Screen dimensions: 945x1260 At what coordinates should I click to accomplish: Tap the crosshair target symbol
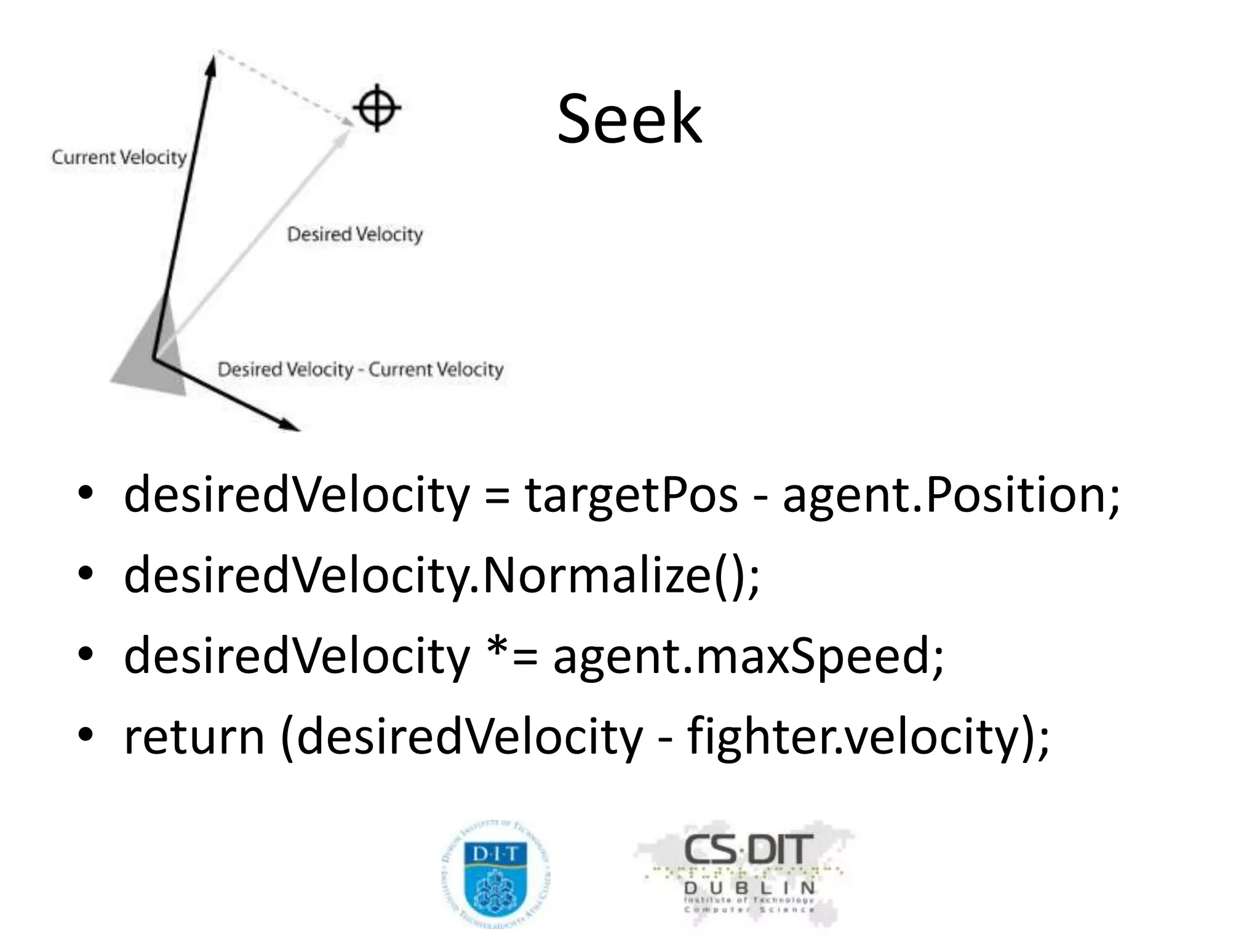[x=377, y=108]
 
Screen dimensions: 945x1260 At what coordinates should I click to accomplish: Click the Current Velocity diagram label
[x=119, y=157]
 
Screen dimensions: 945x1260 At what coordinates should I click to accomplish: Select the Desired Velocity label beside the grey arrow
[x=355, y=234]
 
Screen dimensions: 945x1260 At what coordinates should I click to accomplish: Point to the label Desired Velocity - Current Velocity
[x=361, y=370]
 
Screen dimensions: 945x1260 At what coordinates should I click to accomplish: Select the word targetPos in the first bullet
[x=631, y=495]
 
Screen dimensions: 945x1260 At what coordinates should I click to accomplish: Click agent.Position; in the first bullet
[x=951, y=495]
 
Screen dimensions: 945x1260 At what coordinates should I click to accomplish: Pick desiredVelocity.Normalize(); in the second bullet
[x=442, y=575]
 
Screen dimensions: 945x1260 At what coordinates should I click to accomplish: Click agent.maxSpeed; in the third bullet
[x=748, y=656]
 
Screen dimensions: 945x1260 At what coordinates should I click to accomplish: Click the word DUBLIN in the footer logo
[x=749, y=888]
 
